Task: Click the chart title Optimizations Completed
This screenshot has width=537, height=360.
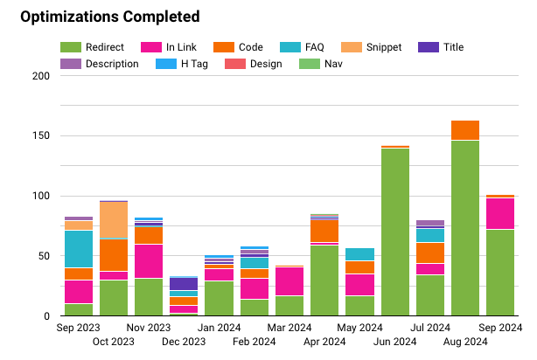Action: [x=109, y=17]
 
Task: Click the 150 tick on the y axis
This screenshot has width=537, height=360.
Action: [x=40, y=136]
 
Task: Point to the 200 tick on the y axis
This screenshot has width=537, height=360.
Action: [x=40, y=76]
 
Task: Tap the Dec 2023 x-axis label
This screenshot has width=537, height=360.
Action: [x=184, y=342]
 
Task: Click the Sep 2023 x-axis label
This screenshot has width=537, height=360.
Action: [x=79, y=329]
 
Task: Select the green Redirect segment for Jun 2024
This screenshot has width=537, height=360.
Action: [x=394, y=232]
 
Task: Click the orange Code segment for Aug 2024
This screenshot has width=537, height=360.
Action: [x=464, y=130]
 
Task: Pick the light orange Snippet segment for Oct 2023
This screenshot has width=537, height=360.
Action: [x=114, y=220]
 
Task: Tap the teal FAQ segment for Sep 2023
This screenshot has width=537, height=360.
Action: [x=79, y=249]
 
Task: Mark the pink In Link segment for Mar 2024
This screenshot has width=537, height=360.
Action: [x=289, y=281]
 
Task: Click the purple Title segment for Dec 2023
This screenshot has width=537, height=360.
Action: [x=184, y=284]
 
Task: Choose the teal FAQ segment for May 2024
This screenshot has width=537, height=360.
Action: [x=359, y=254]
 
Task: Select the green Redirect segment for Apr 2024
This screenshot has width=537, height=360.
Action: [x=324, y=280]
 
